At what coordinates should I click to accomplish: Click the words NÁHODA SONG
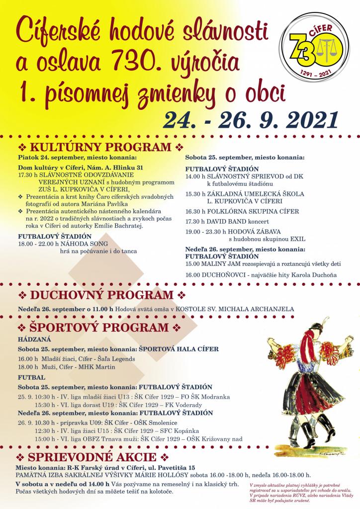pos(78,244)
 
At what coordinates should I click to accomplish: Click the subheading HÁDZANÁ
pos(32,339)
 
